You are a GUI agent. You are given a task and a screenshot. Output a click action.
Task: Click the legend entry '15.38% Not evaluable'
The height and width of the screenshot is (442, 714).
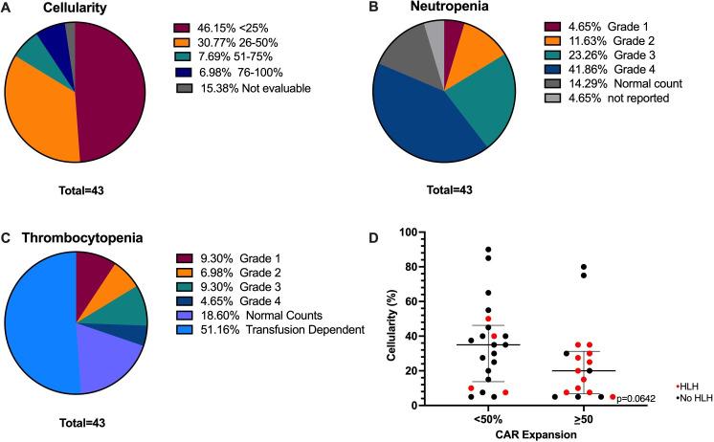coord(231,89)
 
